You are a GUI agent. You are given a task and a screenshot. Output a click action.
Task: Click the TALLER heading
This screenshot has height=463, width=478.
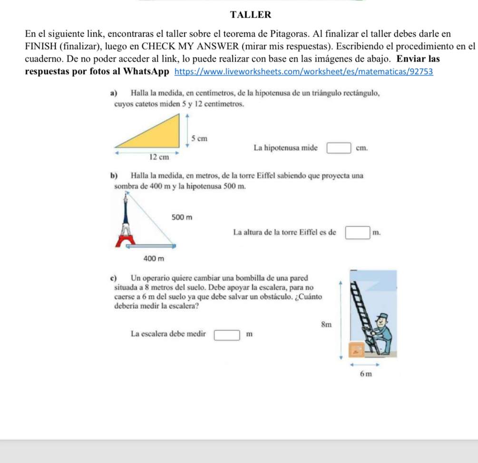(250, 15)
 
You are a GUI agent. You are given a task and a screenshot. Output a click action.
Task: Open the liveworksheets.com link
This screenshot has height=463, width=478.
(304, 72)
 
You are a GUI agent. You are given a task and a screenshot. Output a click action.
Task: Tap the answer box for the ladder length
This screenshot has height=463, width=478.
(226, 334)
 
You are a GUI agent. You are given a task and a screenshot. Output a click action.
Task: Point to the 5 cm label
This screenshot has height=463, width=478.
(200, 138)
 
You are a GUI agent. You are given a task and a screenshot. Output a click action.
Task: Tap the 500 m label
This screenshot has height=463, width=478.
(181, 217)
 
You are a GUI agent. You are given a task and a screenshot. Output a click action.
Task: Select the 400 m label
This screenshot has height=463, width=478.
(154, 259)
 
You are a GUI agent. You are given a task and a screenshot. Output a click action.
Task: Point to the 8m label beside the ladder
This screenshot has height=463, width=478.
(326, 325)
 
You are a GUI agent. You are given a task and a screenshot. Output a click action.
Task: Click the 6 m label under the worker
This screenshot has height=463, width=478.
(365, 374)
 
